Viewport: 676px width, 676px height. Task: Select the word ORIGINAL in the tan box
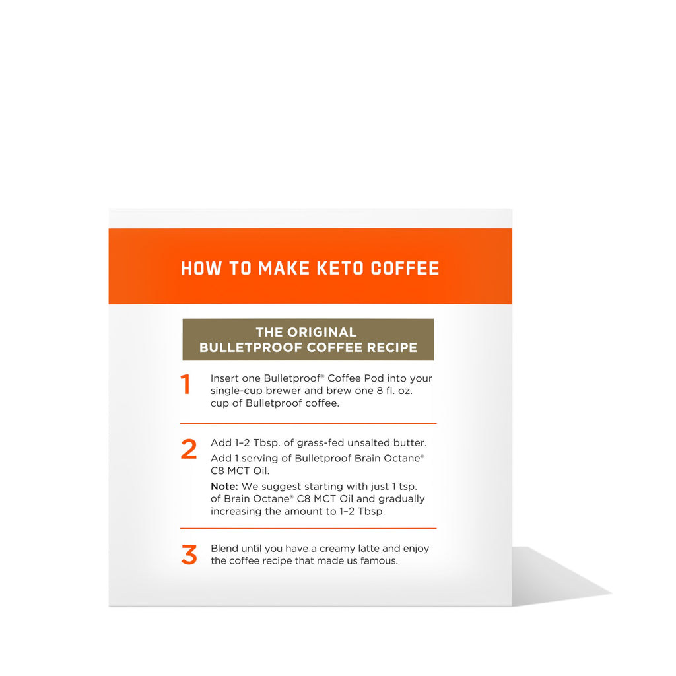(322, 333)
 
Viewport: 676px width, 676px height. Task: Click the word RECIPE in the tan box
(392, 347)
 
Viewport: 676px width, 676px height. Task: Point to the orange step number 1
(186, 384)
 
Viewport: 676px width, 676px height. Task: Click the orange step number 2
(189, 449)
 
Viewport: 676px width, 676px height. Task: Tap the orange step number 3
(189, 555)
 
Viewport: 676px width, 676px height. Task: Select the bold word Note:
(224, 487)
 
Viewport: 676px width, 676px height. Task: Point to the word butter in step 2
(410, 443)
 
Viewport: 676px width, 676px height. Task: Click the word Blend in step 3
(224, 549)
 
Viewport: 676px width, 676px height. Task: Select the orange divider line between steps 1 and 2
(308, 424)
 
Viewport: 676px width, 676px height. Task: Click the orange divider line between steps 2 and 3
(308, 528)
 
